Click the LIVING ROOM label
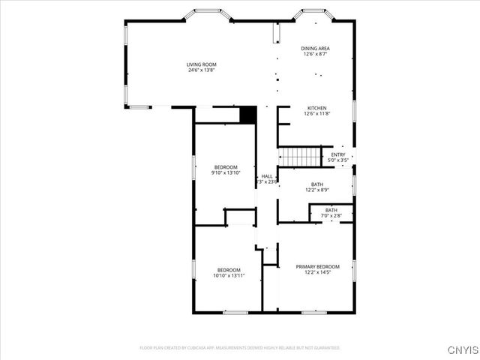(x=202, y=64)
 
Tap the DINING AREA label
(x=316, y=48)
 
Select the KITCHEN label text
(x=316, y=108)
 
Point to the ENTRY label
(x=338, y=154)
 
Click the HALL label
(x=267, y=176)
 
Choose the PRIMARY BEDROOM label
(x=317, y=266)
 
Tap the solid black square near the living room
(x=248, y=115)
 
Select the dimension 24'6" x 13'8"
(x=202, y=70)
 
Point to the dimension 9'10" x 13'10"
(x=226, y=173)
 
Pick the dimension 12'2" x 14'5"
(x=317, y=272)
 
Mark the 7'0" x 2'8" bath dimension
(x=331, y=216)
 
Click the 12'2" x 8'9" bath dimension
(x=317, y=190)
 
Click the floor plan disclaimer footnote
(x=240, y=348)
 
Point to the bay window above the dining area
(x=315, y=13)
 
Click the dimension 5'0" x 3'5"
(x=338, y=160)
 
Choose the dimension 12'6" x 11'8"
(x=316, y=114)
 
